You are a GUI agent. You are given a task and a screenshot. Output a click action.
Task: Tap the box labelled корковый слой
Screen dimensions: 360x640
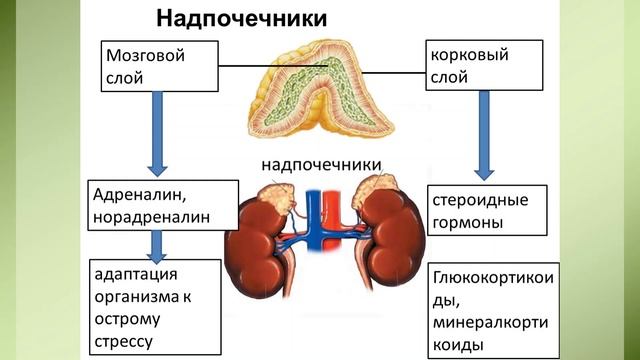[x=484, y=66]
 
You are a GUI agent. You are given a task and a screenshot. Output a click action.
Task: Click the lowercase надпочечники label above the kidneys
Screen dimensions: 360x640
[x=323, y=164]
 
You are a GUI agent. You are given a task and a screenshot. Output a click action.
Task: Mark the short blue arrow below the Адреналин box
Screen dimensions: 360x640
[x=156, y=244]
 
